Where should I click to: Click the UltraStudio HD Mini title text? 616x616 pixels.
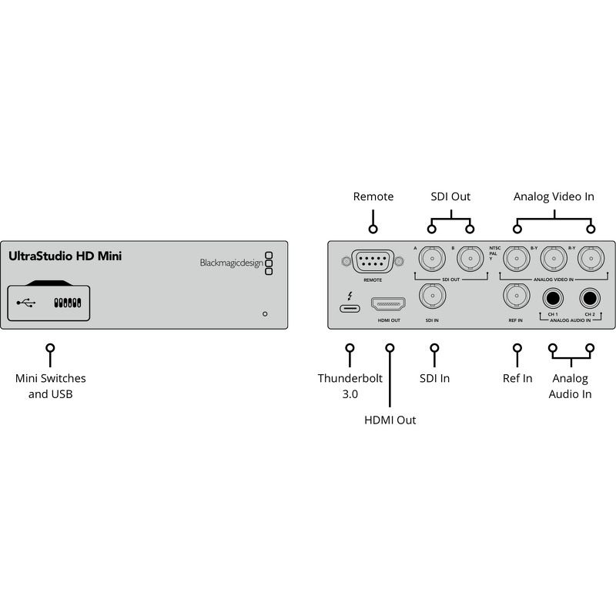pyautogui.click(x=65, y=256)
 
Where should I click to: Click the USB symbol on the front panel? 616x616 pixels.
pyautogui.click(x=25, y=303)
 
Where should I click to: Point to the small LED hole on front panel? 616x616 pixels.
pyautogui.click(x=265, y=314)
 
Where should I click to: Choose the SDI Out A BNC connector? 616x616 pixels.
pyautogui.click(x=431, y=260)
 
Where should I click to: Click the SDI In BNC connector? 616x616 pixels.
pyautogui.click(x=431, y=296)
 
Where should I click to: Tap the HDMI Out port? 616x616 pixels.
pyautogui.click(x=389, y=304)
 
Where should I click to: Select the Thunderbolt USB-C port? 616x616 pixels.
pyautogui.click(x=350, y=309)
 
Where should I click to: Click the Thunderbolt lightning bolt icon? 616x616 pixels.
pyautogui.click(x=351, y=294)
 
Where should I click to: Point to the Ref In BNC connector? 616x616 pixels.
pyautogui.click(x=515, y=296)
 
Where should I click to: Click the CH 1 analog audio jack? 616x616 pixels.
pyautogui.click(x=552, y=297)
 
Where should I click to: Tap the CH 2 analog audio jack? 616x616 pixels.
pyautogui.click(x=591, y=297)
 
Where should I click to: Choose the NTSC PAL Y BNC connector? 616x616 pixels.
pyautogui.click(x=515, y=260)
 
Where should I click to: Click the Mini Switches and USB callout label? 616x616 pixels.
pyautogui.click(x=51, y=387)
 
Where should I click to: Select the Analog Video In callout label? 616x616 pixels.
pyautogui.click(x=554, y=197)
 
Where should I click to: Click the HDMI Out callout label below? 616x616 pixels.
pyautogui.click(x=390, y=420)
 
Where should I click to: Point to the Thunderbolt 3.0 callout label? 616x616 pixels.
pyautogui.click(x=350, y=387)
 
